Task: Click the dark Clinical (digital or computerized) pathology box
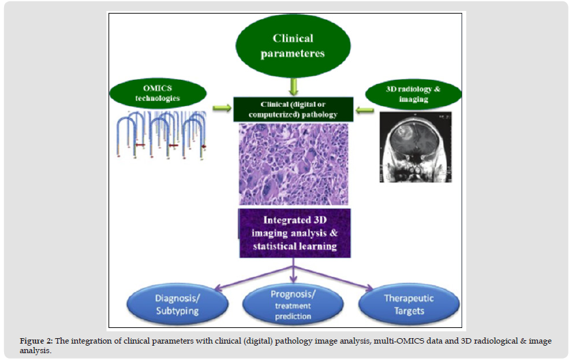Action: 294,109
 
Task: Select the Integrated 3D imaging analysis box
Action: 294,233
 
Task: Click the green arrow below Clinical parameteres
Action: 294,87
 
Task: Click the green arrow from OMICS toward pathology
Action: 223,107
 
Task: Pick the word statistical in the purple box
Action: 270,246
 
